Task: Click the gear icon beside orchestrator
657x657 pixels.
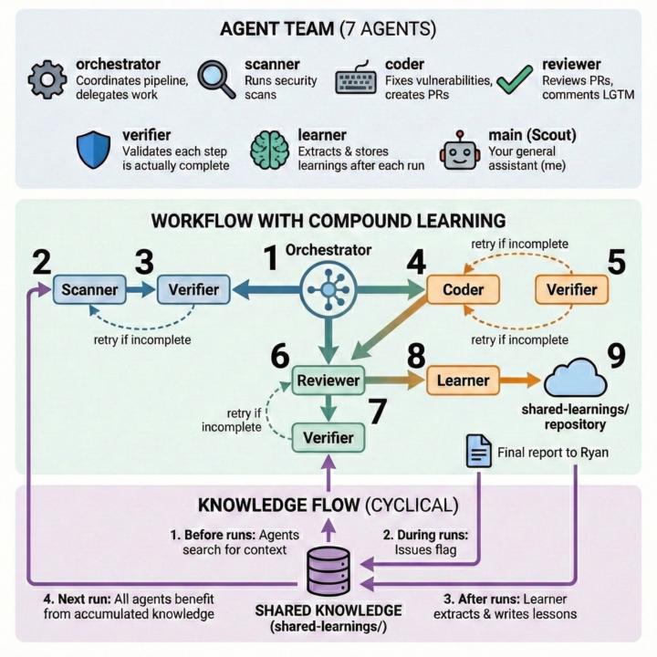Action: [47, 80]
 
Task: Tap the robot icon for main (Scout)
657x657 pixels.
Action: [458, 149]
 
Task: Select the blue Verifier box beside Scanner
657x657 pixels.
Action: [193, 290]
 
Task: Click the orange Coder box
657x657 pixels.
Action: [463, 290]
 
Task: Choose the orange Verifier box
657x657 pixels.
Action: [571, 290]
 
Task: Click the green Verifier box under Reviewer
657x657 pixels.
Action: [328, 438]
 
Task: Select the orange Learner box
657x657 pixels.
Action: [464, 380]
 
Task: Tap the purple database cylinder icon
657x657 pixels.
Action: [328, 572]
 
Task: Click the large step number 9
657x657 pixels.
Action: [617, 356]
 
